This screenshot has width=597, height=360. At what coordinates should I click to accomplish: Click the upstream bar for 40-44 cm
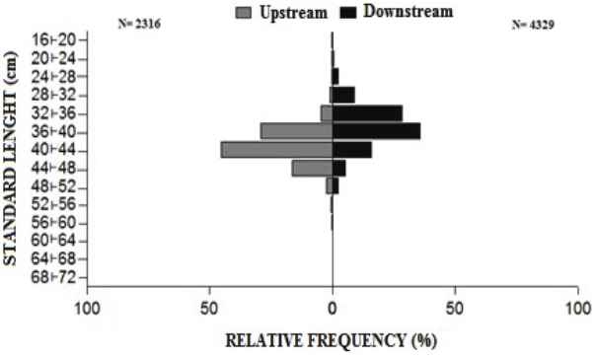click(x=276, y=150)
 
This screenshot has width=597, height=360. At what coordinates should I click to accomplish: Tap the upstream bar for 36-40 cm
click(x=296, y=131)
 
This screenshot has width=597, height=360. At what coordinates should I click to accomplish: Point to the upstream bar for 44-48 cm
click(x=312, y=169)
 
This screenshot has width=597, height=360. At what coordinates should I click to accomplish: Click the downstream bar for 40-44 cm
click(x=352, y=150)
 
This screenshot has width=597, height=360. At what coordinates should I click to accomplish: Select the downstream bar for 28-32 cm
click(x=343, y=95)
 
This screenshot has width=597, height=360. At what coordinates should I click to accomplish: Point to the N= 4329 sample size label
click(x=533, y=24)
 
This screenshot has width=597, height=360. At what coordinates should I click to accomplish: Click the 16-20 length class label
click(x=56, y=38)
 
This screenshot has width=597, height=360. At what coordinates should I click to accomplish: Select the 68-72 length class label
click(x=56, y=277)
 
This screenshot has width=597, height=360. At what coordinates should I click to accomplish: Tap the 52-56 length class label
click(x=56, y=204)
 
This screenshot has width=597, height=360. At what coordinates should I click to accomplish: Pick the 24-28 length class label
click(x=56, y=76)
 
